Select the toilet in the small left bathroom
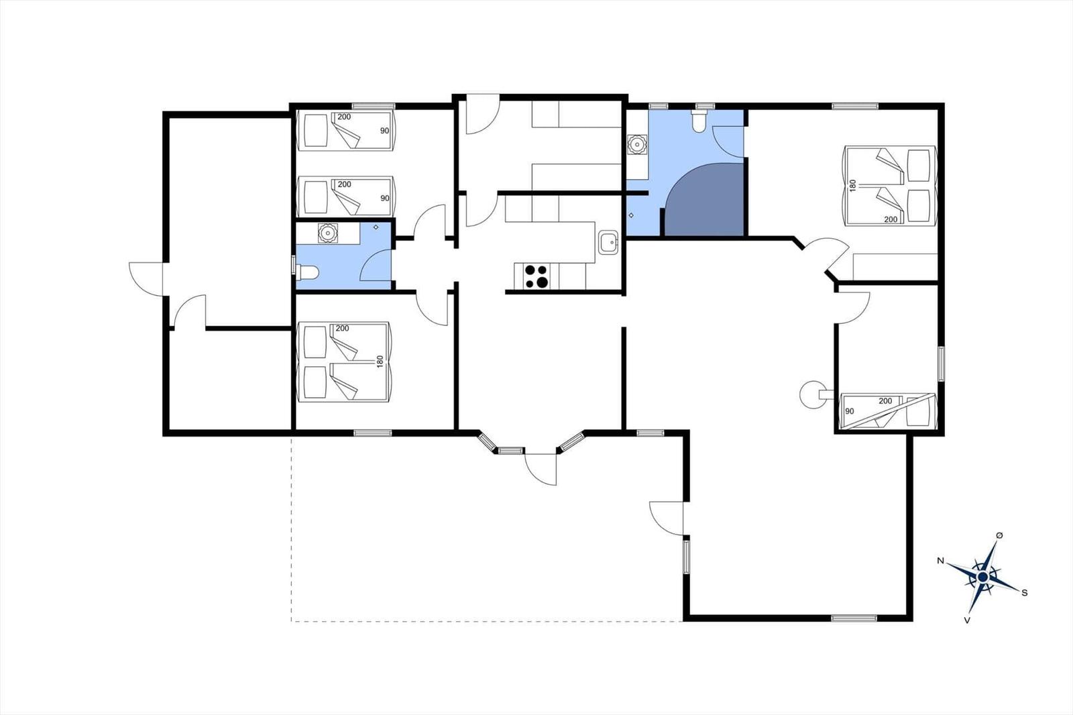tap(309, 273)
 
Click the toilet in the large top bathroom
tap(699, 121)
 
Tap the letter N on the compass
tap(941, 561)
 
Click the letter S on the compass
tap(1024, 593)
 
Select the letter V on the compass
tap(966, 620)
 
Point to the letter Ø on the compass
tap(999, 535)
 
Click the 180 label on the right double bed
tap(853, 186)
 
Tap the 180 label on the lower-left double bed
tap(380, 362)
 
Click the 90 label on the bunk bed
tap(850, 411)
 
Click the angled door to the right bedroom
tap(826, 256)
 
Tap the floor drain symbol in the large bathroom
tap(631, 215)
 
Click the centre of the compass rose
tap(982, 577)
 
